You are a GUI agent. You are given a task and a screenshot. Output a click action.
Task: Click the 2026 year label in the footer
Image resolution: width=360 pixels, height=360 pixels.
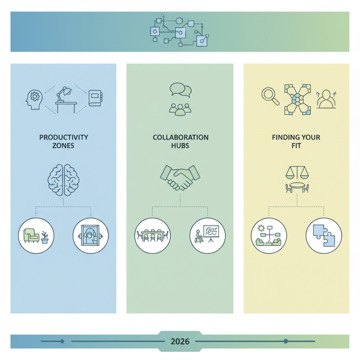coord(180,342)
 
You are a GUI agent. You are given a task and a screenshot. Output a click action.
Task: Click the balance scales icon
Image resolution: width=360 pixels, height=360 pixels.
coord(296,171)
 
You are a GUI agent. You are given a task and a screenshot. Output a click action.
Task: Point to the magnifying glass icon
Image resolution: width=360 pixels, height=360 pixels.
coord(270,95)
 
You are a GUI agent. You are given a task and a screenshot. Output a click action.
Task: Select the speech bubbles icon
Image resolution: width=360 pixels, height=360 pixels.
coord(180,89)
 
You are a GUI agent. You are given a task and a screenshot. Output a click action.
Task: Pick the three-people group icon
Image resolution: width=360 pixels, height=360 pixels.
coord(180,109)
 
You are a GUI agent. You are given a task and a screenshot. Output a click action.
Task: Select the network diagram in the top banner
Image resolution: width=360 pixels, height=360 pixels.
coord(180,31)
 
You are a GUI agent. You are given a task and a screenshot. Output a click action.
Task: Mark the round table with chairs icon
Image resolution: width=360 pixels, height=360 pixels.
coord(297,187)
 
